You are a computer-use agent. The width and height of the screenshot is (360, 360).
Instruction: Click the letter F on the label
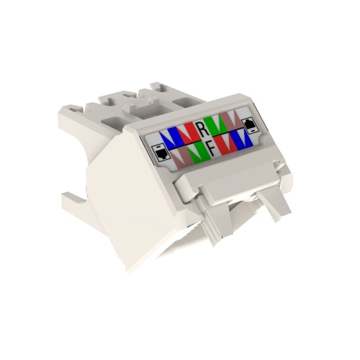point(211,149)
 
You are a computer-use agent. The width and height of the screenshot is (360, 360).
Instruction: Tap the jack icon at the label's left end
point(161,153)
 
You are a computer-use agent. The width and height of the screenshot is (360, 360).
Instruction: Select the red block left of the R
point(186,132)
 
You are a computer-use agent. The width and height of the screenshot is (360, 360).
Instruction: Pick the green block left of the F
point(199,153)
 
